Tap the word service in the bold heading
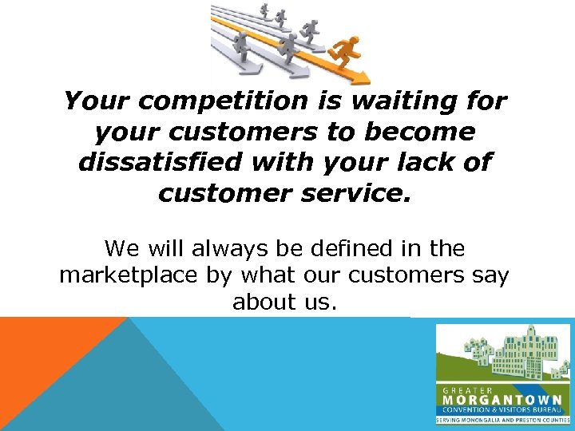(358, 192)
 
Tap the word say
(491, 276)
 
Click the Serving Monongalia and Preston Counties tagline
(502, 419)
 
